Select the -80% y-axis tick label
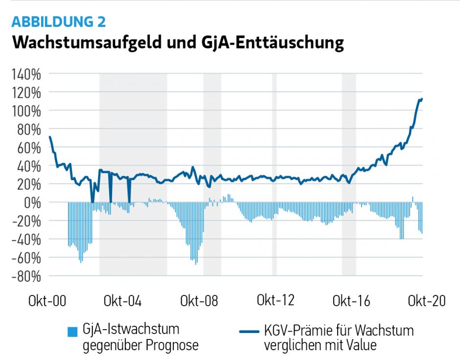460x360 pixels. tap(23, 276)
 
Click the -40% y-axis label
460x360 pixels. tap(23, 240)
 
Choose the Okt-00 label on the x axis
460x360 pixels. tap(47, 301)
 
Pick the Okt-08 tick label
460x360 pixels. tap(199, 301)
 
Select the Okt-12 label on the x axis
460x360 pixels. tap(276, 300)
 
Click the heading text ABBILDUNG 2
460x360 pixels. tap(58, 22)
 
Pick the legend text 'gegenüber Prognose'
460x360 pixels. tap(140, 345)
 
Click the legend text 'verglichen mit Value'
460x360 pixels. tap(320, 345)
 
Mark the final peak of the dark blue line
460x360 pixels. tap(421, 99)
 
